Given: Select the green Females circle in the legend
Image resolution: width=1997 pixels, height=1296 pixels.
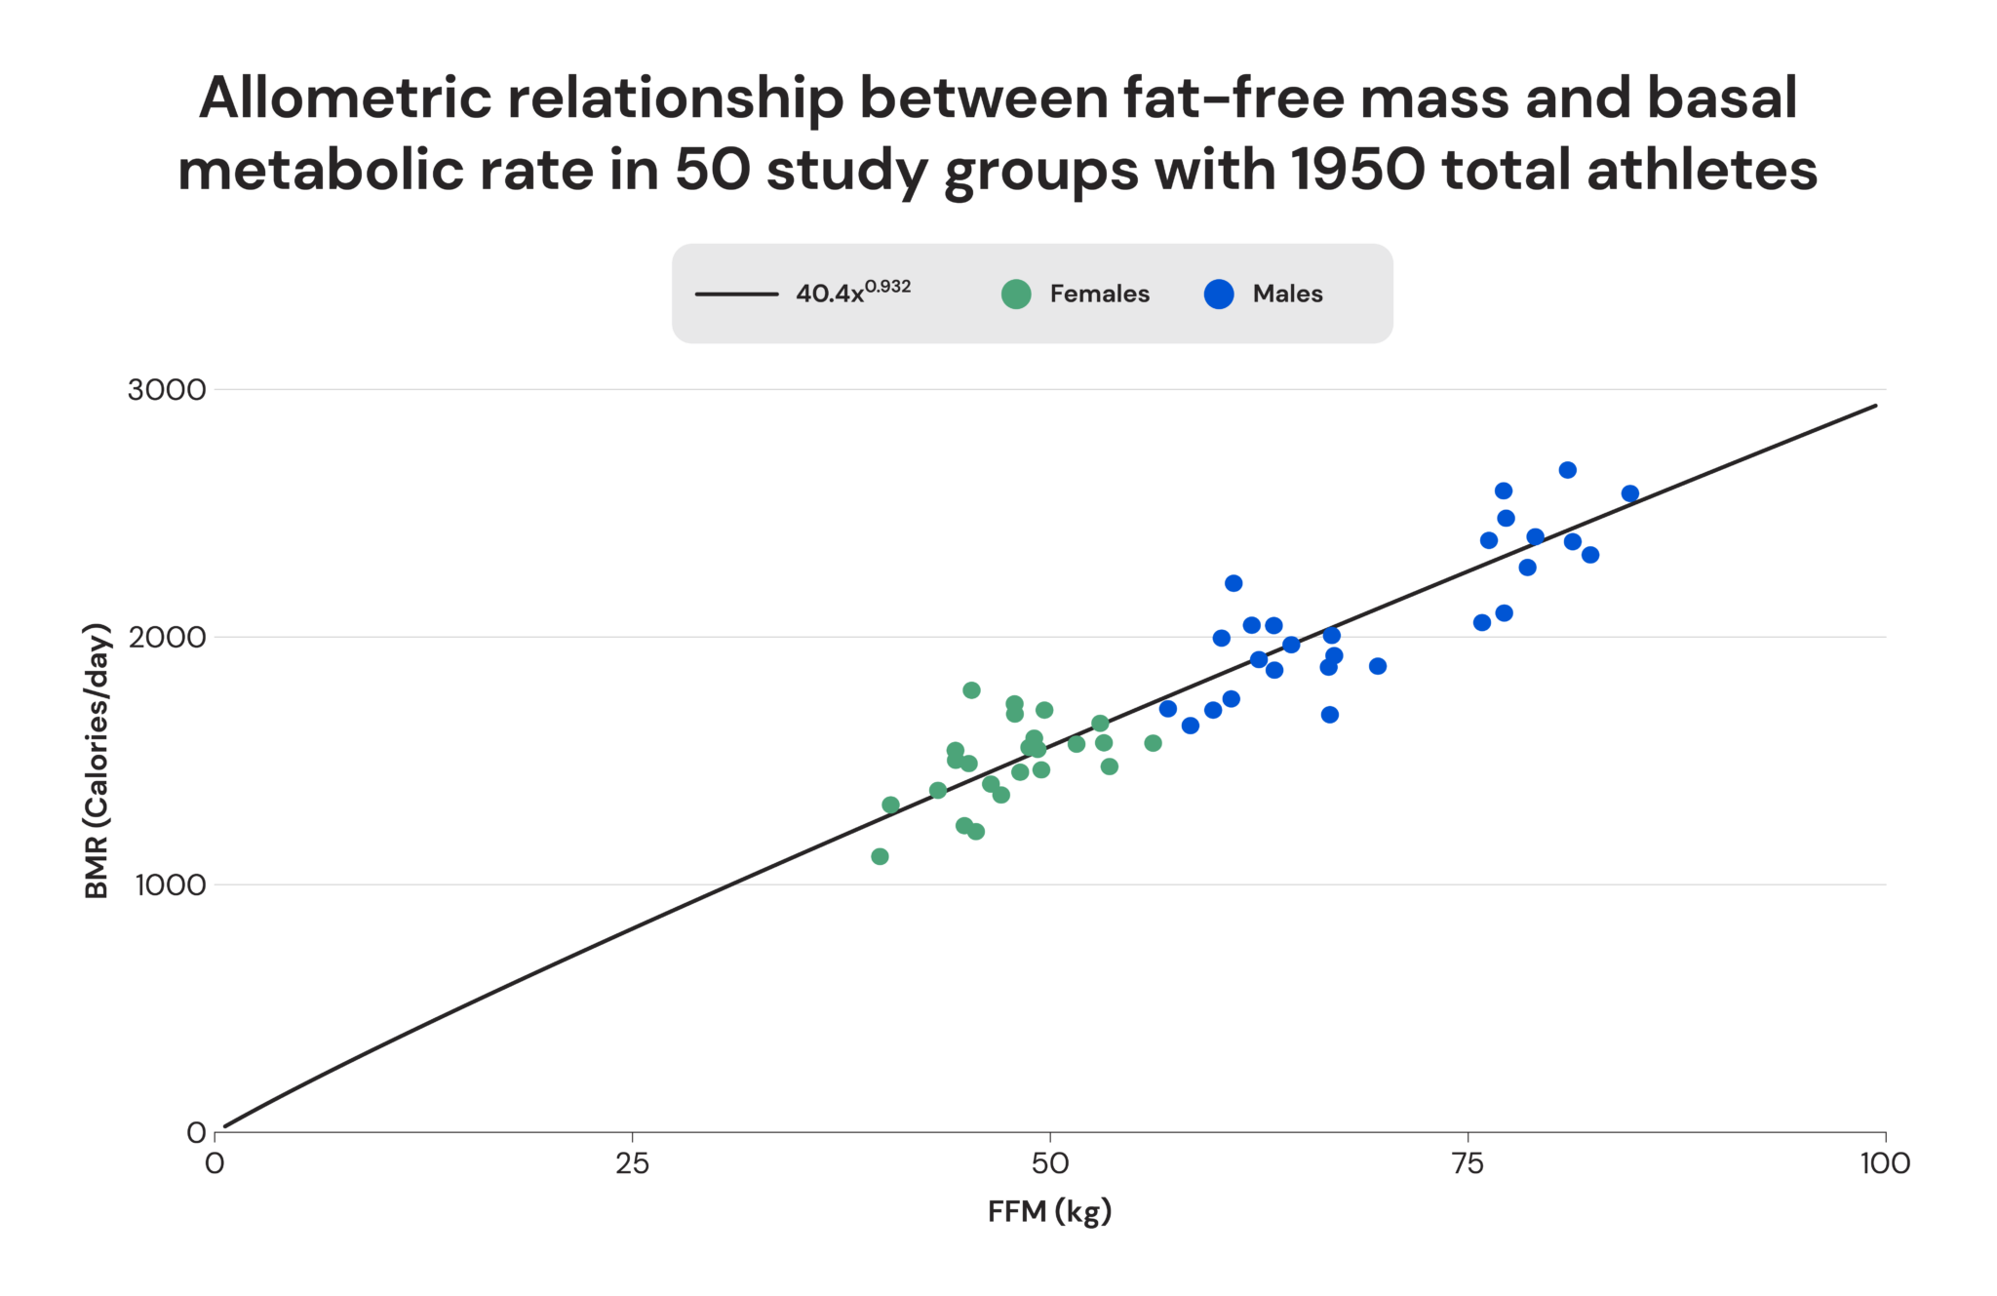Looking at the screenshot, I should [1016, 294].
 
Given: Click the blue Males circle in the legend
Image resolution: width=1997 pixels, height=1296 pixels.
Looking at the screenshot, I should [1219, 294].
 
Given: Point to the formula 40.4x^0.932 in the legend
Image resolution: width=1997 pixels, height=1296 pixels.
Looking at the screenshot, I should [852, 292].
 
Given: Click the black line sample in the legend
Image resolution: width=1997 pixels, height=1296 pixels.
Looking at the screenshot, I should [736, 294].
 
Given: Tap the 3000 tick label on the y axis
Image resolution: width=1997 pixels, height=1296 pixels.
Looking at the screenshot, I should [167, 390].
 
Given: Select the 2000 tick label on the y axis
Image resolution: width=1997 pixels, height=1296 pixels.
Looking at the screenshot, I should [167, 638].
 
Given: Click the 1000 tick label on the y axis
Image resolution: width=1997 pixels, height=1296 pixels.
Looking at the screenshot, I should [170, 885].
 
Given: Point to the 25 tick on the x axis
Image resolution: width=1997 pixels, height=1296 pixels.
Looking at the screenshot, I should [632, 1162].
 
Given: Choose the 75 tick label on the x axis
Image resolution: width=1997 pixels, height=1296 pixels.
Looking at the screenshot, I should [1468, 1162].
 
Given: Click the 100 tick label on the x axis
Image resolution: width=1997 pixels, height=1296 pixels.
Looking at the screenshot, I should [1884, 1162].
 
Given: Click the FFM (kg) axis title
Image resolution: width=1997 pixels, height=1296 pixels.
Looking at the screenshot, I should [1049, 1211].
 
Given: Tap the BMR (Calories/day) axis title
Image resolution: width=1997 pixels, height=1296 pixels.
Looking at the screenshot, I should [97, 761].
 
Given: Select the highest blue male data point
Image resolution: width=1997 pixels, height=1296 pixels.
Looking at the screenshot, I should [1567, 470].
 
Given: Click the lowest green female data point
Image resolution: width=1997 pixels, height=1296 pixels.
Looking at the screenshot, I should [880, 856].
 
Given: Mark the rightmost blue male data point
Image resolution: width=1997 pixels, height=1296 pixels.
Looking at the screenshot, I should [1629, 493].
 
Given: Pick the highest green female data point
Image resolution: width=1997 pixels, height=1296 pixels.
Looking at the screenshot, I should [971, 690].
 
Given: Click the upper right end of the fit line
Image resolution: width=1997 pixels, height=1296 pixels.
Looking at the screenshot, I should [1874, 406].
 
